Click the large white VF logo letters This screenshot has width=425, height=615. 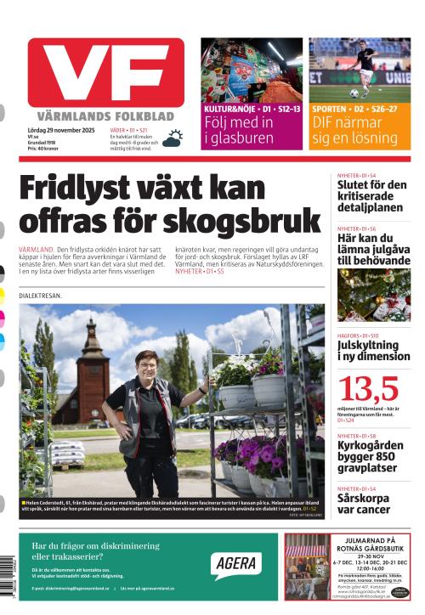click(x=105, y=73)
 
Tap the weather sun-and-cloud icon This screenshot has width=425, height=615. click(x=173, y=138)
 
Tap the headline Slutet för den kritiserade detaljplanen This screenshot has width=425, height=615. click(x=372, y=196)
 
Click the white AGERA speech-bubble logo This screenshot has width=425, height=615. click(x=235, y=563)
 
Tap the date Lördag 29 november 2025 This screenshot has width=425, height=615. click(x=64, y=130)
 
